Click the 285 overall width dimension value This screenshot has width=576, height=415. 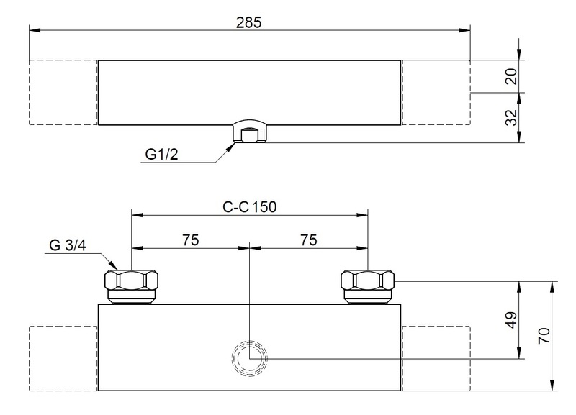[248, 23]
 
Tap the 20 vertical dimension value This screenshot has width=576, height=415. [511, 76]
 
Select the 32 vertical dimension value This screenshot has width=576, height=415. [511, 117]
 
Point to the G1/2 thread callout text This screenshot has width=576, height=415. [161, 154]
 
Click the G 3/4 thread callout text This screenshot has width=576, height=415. [68, 245]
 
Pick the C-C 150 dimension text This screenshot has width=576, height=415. [249, 207]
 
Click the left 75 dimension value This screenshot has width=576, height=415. [190, 240]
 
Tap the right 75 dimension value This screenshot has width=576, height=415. [309, 240]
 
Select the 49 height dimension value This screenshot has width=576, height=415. [511, 320]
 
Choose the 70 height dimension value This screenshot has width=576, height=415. [544, 335]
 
